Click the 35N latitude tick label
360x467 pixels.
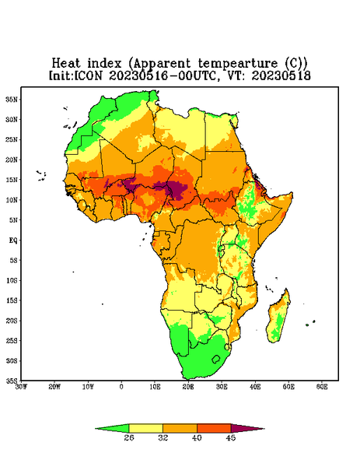click(x=12, y=100)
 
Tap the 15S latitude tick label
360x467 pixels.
click(x=12, y=300)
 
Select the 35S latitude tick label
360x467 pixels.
click(x=12, y=381)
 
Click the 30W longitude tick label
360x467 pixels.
click(x=21, y=387)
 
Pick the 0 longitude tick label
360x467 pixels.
click(x=121, y=387)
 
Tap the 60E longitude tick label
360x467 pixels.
click(x=322, y=387)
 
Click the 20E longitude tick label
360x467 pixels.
click(x=188, y=387)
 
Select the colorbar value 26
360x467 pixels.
click(x=129, y=437)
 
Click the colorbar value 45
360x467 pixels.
click(x=231, y=437)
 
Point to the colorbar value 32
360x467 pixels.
click(x=163, y=437)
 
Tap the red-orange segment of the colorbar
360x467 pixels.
click(x=214, y=428)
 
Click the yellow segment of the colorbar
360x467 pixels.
click(x=145, y=428)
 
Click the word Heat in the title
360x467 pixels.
click(x=66, y=63)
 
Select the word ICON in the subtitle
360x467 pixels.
click(x=88, y=75)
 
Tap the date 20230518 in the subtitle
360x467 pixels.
click(x=281, y=75)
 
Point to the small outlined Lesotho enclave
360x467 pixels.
click(x=216, y=359)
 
